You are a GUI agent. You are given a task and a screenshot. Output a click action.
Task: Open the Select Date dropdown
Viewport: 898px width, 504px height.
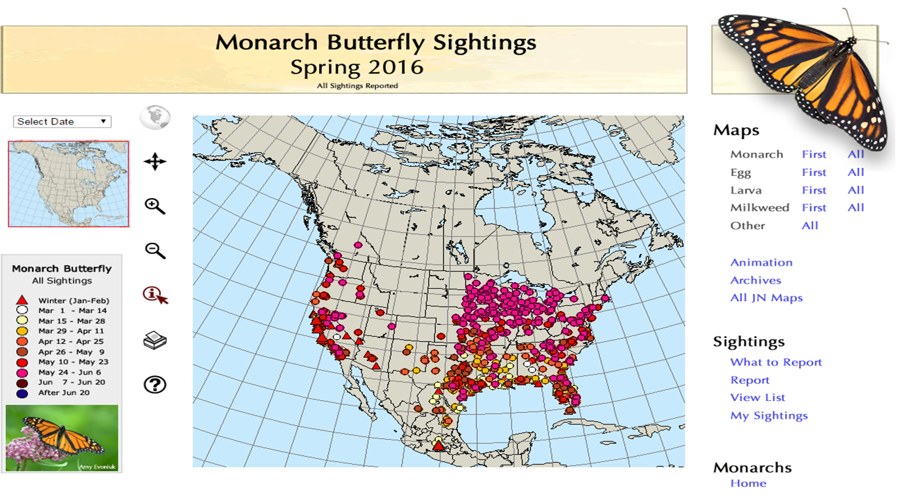pos(62,121)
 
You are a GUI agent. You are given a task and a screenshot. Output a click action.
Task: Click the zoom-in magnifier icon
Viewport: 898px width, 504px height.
pos(155,206)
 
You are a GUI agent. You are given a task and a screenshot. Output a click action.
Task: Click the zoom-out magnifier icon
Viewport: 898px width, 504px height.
pos(155,251)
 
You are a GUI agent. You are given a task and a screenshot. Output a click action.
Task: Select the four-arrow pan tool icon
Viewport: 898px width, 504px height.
pos(155,161)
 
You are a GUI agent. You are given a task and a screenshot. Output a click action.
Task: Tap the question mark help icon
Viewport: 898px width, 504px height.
pos(155,385)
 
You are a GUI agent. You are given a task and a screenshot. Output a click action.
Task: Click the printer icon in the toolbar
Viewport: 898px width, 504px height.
pos(155,340)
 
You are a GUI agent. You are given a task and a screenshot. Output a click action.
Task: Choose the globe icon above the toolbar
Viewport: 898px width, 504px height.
pos(155,118)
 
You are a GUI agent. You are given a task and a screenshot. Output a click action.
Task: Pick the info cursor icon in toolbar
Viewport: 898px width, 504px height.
pos(155,295)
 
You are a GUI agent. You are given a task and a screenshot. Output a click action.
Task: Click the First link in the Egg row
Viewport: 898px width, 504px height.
pos(814,173)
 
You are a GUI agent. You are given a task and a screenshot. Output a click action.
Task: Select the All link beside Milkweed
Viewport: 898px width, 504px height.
pos(855,207)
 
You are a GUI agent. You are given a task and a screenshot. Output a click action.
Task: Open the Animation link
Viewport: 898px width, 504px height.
pos(761,262)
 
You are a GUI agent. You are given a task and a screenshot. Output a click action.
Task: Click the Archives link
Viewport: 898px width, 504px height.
pos(756,280)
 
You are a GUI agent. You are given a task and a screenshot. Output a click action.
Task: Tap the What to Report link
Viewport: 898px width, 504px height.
pos(776,362)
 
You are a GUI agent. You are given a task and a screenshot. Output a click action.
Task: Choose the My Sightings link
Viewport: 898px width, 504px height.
pos(769,415)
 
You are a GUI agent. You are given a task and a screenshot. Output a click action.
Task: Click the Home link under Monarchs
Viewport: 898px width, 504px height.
pos(748,484)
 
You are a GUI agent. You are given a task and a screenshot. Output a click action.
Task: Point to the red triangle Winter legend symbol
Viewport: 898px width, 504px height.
pos(22,301)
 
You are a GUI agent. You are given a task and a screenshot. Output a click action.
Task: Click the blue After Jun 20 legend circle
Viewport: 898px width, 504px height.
pos(22,393)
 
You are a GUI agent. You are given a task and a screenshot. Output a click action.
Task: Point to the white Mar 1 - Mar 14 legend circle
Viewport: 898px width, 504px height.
pos(22,310)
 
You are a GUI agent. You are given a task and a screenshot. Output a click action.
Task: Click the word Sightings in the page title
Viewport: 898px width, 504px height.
pos(484,43)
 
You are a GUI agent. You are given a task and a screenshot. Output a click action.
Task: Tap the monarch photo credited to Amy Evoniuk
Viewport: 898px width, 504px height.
pos(62,438)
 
